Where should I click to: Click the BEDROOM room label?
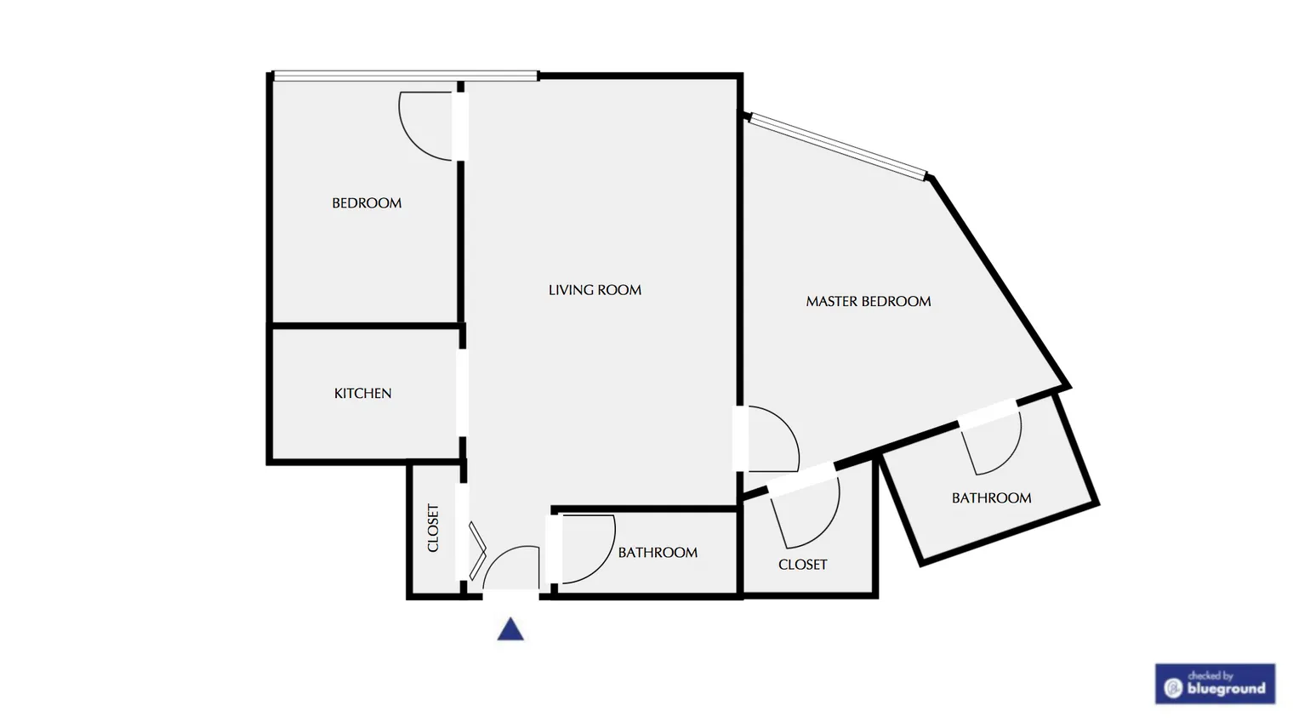pos(367,203)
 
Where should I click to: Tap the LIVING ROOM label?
pos(595,290)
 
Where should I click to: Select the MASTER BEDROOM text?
pos(868,301)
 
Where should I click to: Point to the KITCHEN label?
pos(362,393)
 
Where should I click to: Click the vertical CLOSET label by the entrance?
pos(433,528)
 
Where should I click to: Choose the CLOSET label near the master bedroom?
pos(802,565)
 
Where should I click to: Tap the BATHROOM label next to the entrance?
pos(658,553)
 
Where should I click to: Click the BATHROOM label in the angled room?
pos(991,498)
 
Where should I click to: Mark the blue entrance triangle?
pos(510,629)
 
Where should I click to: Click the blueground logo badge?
pos(1215,684)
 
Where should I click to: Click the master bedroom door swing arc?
pos(776,438)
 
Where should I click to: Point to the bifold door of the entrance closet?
pos(477,551)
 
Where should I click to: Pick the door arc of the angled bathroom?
pos(994,446)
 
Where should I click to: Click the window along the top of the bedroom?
pos(406,77)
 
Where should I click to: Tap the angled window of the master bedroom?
pos(838,146)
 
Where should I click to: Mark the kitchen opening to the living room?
pos(462,393)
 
